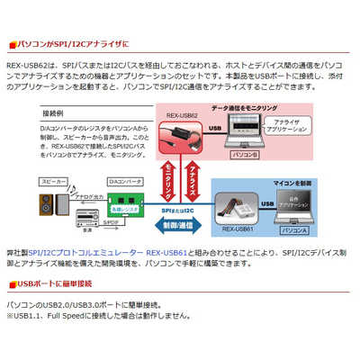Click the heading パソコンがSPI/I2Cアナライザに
tap(73, 42)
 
